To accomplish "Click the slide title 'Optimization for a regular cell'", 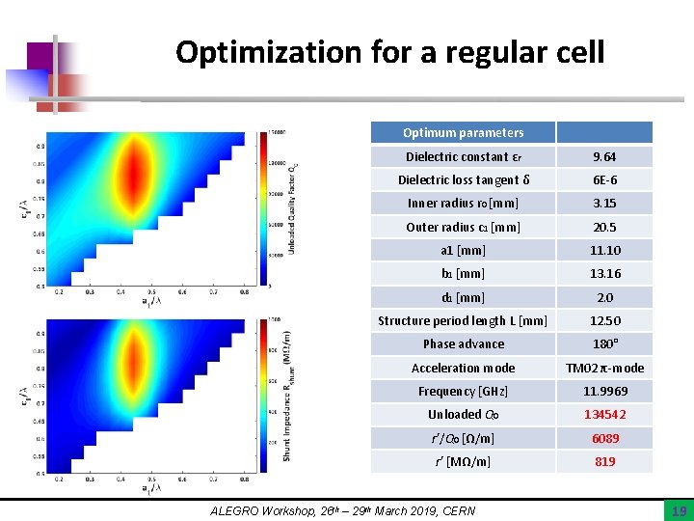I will (389, 51).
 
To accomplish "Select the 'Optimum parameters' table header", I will (464, 133).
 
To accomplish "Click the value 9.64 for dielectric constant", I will (604, 157).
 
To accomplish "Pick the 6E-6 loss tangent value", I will (604, 180).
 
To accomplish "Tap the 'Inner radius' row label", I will (463, 204).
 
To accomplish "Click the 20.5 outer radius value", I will (604, 228).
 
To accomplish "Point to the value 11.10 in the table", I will (604, 251).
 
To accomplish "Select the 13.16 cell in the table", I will (604, 274).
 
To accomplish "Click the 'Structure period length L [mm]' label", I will (463, 321).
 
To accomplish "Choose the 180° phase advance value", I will (604, 344).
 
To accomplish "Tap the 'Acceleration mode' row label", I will (463, 368).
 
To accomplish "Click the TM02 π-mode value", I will (604, 368).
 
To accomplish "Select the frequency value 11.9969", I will (604, 392).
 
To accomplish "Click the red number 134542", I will (604, 415).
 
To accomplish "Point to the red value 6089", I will (604, 438).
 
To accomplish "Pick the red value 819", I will (604, 462).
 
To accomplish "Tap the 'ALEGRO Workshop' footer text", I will (342, 509).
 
